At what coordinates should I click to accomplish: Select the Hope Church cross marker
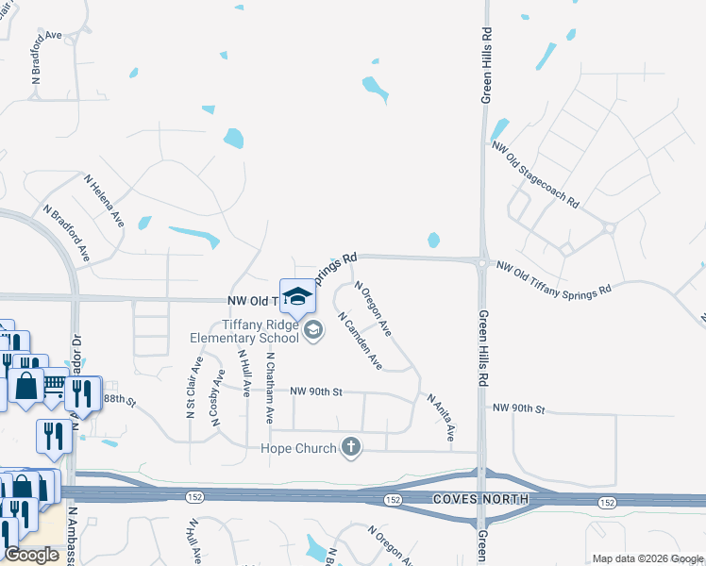tap(351, 447)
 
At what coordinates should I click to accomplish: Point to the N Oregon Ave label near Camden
tap(372, 308)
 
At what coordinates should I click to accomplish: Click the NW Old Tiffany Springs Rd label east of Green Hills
tap(554, 279)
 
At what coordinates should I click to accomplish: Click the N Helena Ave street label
tap(104, 199)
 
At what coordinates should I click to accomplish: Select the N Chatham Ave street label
tap(270, 387)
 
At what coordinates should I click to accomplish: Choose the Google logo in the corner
tap(31, 555)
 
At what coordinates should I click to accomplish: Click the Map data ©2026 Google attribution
tap(647, 558)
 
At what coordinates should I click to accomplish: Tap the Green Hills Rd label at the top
tap(487, 64)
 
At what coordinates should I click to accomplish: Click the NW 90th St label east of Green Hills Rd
tap(519, 408)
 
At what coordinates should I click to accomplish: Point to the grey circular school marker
tap(313, 329)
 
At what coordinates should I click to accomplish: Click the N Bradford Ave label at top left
tap(45, 58)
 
